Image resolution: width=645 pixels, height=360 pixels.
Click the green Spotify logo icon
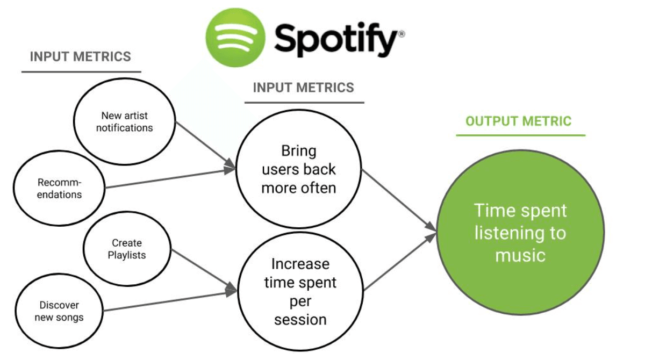point(235,38)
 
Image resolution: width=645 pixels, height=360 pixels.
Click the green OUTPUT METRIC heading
point(518,121)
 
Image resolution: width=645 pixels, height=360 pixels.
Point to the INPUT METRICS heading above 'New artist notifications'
point(80,56)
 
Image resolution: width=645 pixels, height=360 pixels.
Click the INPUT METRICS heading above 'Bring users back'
point(304,88)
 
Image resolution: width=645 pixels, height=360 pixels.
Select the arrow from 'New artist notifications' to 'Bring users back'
point(206,145)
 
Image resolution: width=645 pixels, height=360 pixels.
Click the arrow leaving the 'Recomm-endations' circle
point(170,178)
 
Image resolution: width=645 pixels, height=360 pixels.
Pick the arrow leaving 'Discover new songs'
point(170,301)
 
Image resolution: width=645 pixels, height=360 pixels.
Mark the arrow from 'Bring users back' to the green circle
point(399,200)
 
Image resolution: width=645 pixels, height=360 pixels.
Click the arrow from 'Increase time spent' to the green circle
point(400,262)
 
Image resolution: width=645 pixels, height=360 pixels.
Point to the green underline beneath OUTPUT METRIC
point(521,135)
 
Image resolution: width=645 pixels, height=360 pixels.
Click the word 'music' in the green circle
point(520,255)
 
